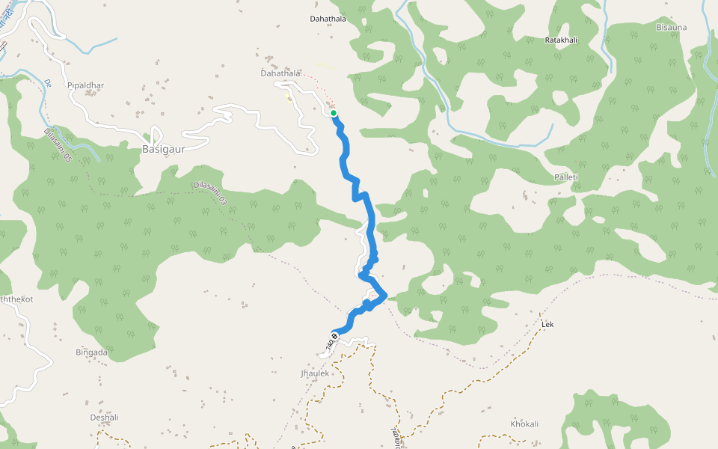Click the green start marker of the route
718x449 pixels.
(334, 114)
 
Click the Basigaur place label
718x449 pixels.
(163, 149)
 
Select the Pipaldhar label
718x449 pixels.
(85, 85)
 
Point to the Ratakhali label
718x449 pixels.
(562, 39)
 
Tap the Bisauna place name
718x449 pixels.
(671, 28)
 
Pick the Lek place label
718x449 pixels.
(547, 325)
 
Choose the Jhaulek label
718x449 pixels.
(315, 373)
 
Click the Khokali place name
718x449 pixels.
(524, 424)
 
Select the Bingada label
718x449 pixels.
(92, 352)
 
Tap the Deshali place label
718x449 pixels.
(105, 418)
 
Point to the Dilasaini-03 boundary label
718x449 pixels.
(210, 192)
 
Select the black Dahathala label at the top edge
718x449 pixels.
(328, 19)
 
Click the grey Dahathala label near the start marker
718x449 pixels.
(280, 73)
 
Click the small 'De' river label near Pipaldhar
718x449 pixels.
(47, 82)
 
